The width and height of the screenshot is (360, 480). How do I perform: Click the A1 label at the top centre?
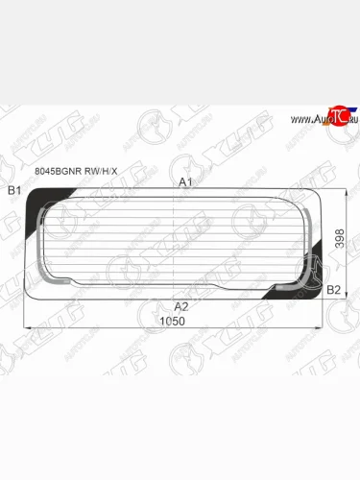185,181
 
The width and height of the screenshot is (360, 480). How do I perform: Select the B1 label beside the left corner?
14,191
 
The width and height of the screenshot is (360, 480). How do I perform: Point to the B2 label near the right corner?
334,289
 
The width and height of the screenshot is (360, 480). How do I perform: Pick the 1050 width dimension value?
173,321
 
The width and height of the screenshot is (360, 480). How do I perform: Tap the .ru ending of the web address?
348,119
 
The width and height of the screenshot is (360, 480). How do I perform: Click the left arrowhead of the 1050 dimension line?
24,328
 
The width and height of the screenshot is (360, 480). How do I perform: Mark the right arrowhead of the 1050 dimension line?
325,328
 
